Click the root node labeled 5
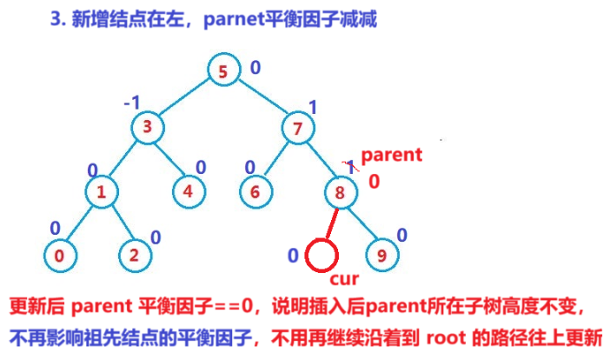[x=223, y=72]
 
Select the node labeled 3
[x=148, y=128]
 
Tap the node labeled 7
[x=296, y=128]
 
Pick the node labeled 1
[x=103, y=191]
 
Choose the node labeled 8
[x=341, y=191]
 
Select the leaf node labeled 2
[x=133, y=256]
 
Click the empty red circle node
[x=321, y=256]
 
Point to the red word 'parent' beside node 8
[x=391, y=156]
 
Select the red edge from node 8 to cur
[x=330, y=225]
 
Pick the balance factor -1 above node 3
[x=132, y=103]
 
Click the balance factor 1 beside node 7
[x=314, y=107]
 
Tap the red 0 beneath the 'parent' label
[x=374, y=181]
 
